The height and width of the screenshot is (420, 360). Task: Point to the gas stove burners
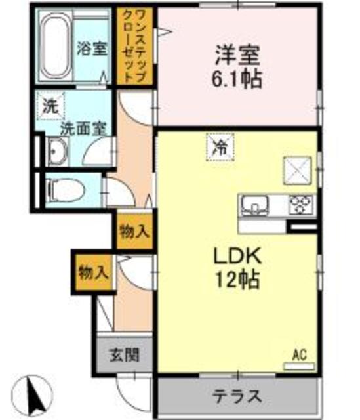(300, 205)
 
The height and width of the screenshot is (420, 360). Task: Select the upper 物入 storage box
(134, 231)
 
